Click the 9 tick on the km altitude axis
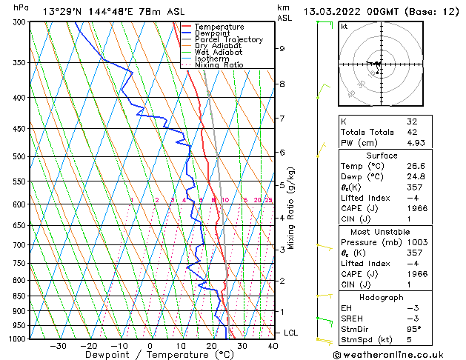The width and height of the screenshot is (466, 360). coord(282,49)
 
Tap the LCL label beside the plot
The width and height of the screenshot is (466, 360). coord(290,333)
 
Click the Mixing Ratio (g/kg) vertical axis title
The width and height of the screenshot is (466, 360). coord(291,208)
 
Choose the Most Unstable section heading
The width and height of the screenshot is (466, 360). coord(381,232)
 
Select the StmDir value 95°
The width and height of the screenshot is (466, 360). coord(414,330)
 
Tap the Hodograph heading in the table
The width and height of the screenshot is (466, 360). coord(381,297)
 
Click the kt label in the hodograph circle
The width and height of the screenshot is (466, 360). coord(344,26)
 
